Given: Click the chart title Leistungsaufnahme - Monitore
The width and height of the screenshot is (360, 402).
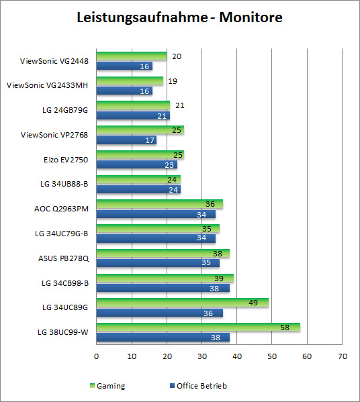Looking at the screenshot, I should (x=179, y=17).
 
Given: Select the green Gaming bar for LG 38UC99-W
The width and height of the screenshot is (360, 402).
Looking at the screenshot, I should (x=198, y=327).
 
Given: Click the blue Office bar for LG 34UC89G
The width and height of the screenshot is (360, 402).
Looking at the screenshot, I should (x=159, y=313).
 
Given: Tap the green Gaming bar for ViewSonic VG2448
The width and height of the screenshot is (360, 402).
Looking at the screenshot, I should (x=131, y=56).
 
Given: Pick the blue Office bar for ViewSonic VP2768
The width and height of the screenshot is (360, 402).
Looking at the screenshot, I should (x=126, y=140).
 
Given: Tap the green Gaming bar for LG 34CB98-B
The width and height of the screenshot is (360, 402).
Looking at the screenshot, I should (x=165, y=278).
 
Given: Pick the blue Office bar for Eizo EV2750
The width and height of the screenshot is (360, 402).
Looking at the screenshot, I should (x=136, y=164).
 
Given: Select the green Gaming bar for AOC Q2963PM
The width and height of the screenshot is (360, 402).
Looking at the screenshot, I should (x=159, y=204).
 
